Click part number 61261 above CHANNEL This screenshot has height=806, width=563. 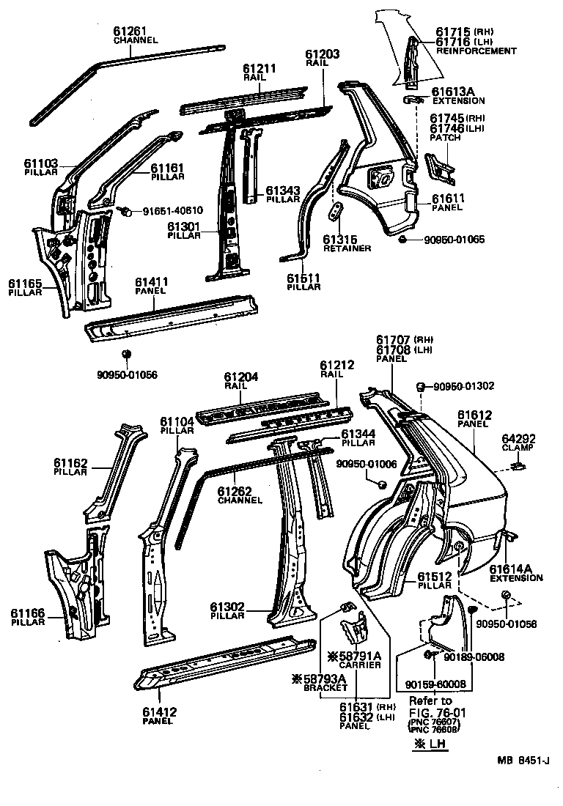coord(130,31)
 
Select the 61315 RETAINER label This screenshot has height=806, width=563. coord(347,243)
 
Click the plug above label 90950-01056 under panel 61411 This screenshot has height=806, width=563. coord(126,355)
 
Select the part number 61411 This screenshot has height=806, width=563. coord(152,281)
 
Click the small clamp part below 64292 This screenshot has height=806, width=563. coord(518,465)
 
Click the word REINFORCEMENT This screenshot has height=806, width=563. coord(476,51)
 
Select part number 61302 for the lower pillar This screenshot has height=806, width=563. coord(227,607)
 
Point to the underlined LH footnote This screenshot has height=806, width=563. coord(431,744)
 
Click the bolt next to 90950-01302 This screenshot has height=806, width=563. coord(422,386)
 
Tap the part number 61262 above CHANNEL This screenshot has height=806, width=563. coord(236,492)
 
